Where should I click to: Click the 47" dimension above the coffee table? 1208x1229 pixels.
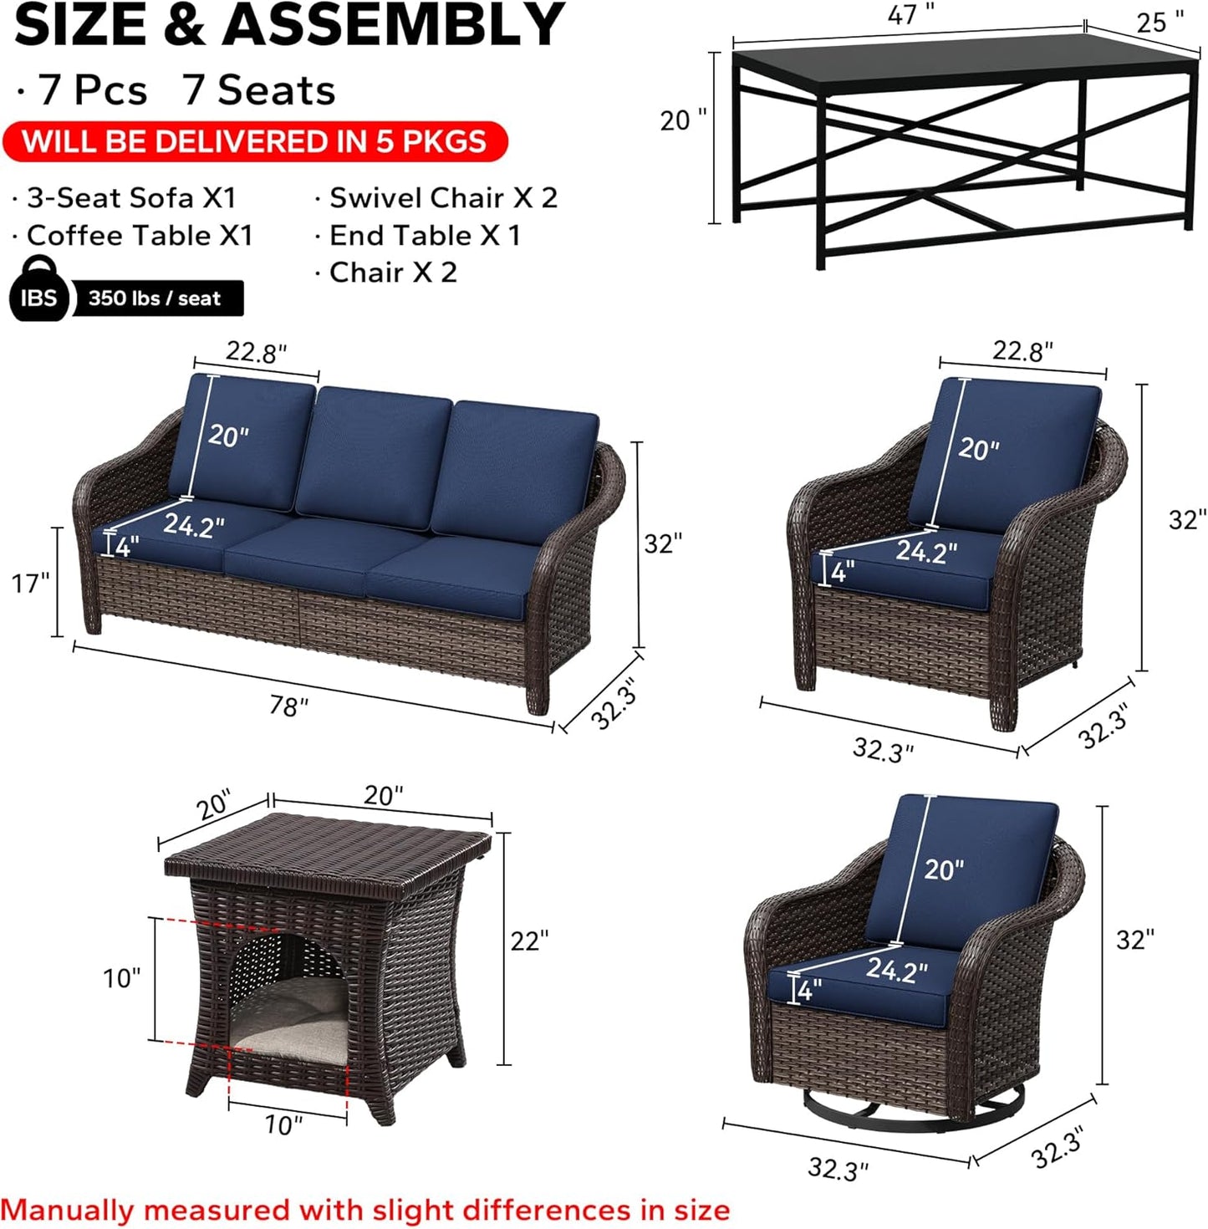click(x=910, y=14)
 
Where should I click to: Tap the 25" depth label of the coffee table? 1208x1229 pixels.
click(x=1160, y=22)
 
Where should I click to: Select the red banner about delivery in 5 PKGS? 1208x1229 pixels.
click(x=254, y=141)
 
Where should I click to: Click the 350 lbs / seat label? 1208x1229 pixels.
click(x=155, y=298)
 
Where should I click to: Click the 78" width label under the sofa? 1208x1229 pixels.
click(x=288, y=706)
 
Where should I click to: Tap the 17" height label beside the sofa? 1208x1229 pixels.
click(x=31, y=583)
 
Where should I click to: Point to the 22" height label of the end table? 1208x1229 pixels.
click(x=529, y=941)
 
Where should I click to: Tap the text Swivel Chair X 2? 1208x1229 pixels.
click(x=443, y=198)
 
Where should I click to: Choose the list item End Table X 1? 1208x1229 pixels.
click(x=425, y=236)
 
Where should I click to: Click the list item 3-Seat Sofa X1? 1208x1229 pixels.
click(x=131, y=198)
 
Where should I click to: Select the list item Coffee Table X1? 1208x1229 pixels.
click(x=139, y=236)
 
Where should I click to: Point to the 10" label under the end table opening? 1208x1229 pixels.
click(x=283, y=1125)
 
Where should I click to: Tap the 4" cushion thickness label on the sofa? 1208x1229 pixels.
click(x=127, y=548)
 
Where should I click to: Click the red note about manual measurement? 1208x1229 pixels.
click(x=365, y=1210)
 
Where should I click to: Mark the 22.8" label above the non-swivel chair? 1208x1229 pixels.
click(x=1022, y=351)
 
